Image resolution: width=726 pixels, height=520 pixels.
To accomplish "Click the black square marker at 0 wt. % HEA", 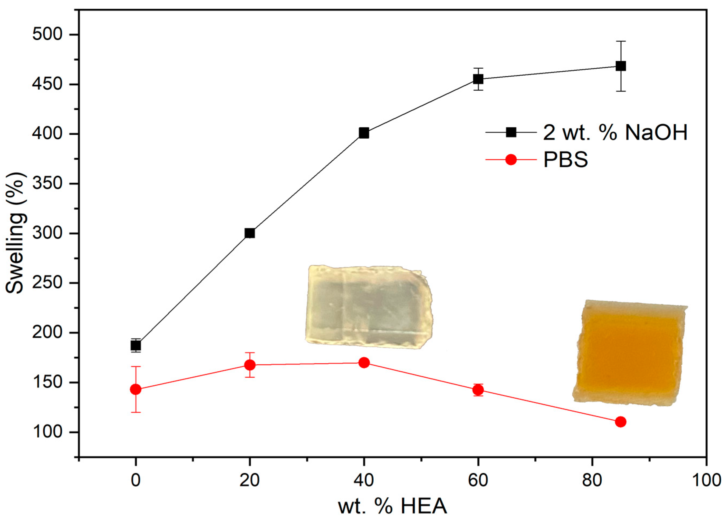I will [x=136, y=346].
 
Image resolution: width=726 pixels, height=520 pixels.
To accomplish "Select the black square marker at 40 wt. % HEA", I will [x=364, y=133].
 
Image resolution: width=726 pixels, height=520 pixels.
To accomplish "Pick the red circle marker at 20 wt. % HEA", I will [x=250, y=365].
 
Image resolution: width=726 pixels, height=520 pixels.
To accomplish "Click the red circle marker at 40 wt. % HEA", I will [x=364, y=363].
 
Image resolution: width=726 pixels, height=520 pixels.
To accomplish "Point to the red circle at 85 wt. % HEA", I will [x=620, y=422].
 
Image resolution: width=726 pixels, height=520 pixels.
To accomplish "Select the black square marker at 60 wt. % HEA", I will [x=478, y=79].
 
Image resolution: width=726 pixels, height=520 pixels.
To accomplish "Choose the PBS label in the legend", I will [x=565, y=159].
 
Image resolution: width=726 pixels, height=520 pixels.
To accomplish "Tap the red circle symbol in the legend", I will [x=511, y=159].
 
